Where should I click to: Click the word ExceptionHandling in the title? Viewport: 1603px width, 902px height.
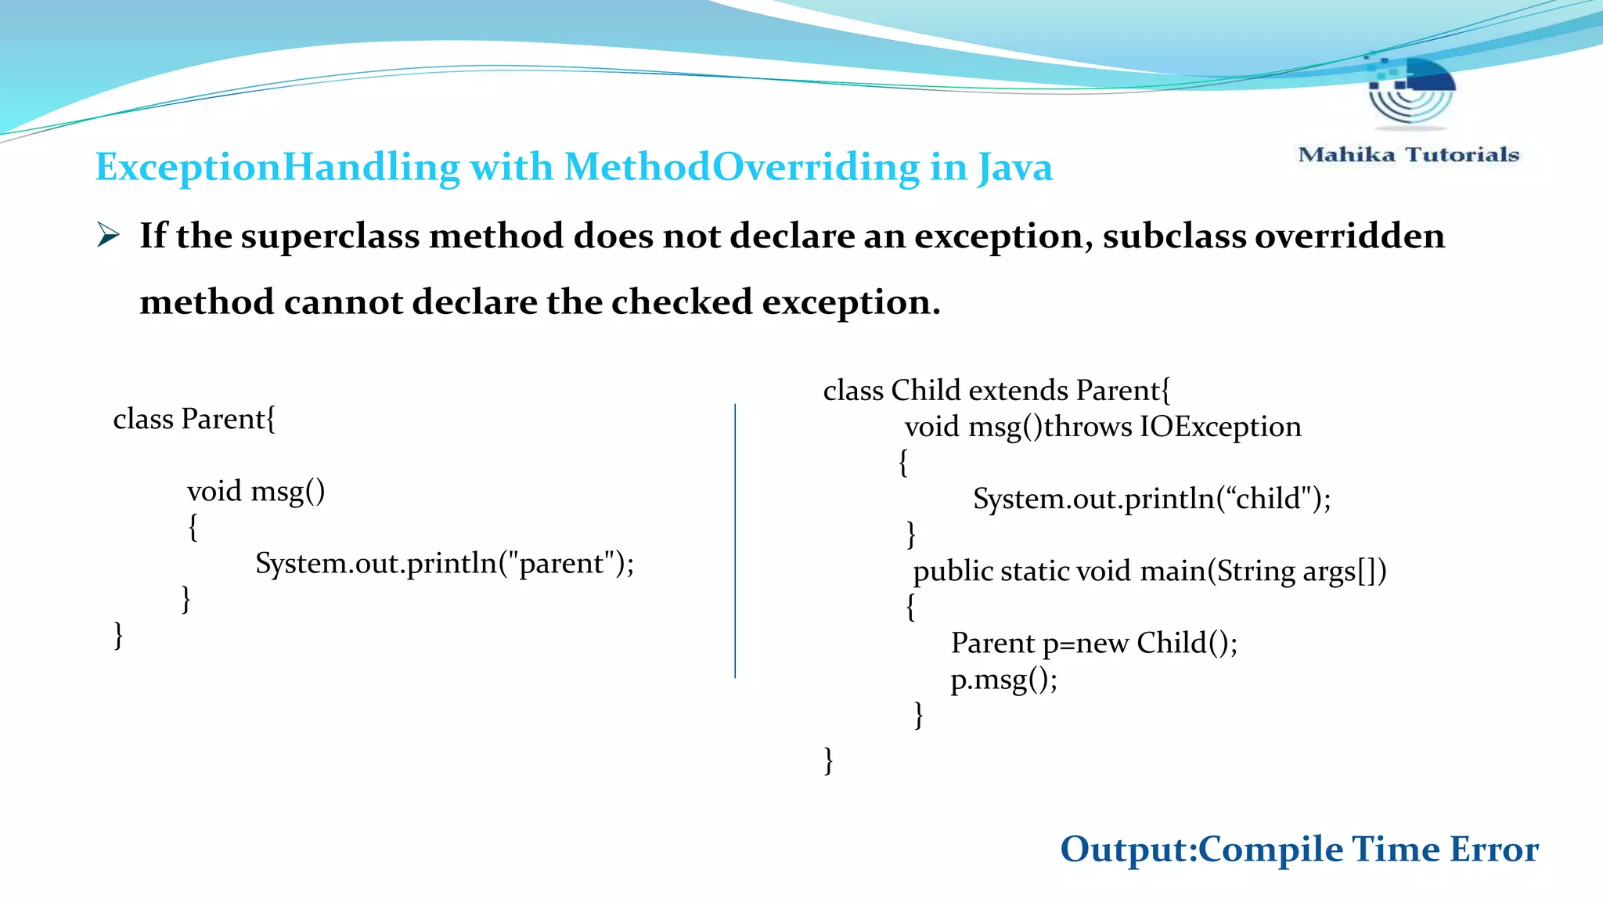pyautogui.click(x=277, y=168)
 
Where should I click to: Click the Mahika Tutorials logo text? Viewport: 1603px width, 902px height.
pyautogui.click(x=1408, y=154)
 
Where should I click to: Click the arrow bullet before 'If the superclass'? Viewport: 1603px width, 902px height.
pyautogui.click(x=108, y=235)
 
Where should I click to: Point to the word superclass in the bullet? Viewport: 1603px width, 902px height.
pyautogui.click(x=330, y=236)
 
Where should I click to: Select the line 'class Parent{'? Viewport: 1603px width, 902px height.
pyautogui.click(x=194, y=420)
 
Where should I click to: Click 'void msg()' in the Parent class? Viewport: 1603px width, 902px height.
pyautogui.click(x=255, y=492)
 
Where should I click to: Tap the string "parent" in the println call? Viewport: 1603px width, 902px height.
pyautogui.click(x=560, y=563)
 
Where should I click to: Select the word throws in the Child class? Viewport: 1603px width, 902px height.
pyautogui.click(x=1087, y=427)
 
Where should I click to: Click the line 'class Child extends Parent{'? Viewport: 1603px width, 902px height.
pyautogui.click(x=996, y=391)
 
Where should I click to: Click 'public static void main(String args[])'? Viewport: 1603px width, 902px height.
pyautogui.click(x=1149, y=571)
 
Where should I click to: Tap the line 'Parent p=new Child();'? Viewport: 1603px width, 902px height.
pyautogui.click(x=1093, y=644)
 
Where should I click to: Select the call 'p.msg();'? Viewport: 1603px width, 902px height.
pyautogui.click(x=1003, y=680)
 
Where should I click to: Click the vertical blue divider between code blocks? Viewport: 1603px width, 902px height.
pyautogui.click(x=735, y=540)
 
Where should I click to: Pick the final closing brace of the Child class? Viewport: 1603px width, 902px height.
pyautogui.click(x=828, y=760)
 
